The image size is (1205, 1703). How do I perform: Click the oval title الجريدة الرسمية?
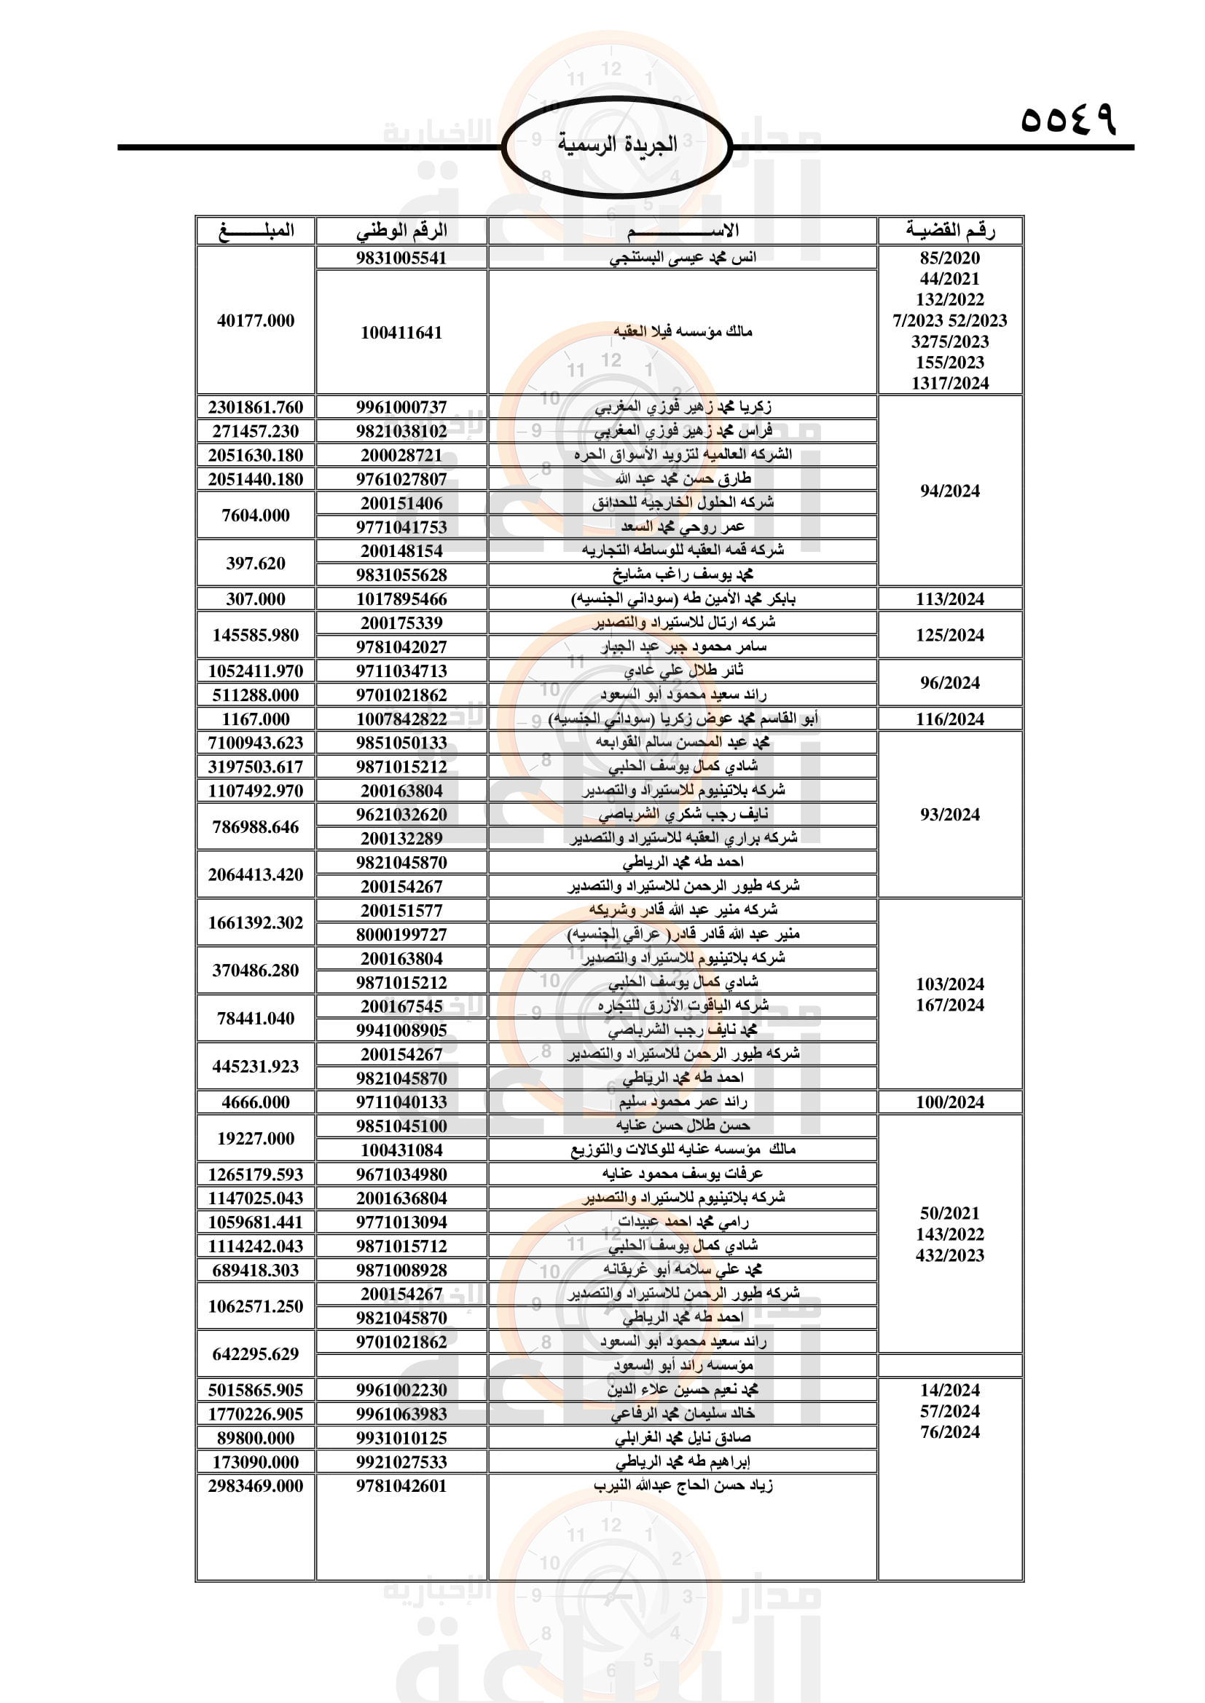[617, 144]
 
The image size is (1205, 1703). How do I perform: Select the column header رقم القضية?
[950, 231]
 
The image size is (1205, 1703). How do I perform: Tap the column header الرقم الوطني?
[401, 231]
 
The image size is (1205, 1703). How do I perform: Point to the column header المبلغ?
[256, 231]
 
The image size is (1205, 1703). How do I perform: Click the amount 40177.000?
[256, 320]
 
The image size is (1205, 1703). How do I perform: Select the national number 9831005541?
[401, 258]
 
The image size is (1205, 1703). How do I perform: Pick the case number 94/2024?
[950, 491]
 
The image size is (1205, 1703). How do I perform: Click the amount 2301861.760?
[256, 407]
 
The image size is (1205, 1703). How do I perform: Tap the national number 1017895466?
[401, 599]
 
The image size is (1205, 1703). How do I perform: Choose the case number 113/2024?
[950, 599]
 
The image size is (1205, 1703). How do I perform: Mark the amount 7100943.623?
[256, 743]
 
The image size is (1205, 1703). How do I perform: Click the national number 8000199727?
[401, 935]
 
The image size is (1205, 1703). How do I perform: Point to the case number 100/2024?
[950, 1102]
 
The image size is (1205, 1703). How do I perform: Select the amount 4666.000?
[256, 1102]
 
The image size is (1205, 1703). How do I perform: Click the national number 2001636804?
[401, 1198]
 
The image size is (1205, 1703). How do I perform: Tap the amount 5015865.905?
[256, 1390]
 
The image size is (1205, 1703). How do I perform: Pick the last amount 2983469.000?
[256, 1486]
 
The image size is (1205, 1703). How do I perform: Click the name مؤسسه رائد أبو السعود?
[683, 1365]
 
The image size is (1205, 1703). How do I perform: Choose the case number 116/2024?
[950, 719]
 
